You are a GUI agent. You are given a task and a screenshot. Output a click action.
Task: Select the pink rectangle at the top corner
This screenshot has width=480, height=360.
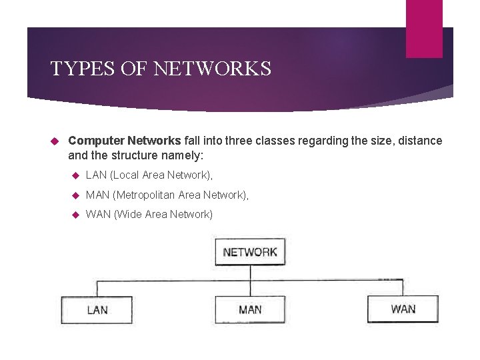(424, 28)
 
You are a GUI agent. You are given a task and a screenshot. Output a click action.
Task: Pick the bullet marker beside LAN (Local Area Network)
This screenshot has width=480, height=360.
(75, 175)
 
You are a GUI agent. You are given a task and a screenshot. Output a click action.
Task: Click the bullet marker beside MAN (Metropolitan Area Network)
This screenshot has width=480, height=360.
(75, 195)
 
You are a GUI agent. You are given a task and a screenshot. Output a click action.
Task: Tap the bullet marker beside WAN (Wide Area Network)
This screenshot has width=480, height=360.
(75, 214)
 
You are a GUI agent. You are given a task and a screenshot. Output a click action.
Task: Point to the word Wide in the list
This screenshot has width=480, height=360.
(128, 214)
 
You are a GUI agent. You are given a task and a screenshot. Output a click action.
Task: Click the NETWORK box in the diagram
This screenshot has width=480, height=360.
(250, 252)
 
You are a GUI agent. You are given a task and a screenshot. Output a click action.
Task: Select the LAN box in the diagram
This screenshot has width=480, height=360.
(97, 309)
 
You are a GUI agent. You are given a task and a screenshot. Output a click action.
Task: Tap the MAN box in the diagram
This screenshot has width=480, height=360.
(250, 309)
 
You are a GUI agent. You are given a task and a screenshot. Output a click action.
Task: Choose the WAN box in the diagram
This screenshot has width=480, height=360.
(403, 309)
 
